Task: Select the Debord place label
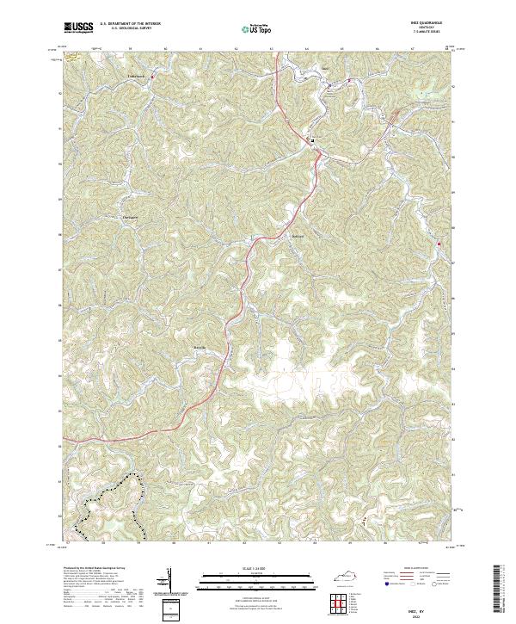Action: (x=298, y=236)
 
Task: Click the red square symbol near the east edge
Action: (x=439, y=244)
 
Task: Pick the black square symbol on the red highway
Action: (x=312, y=139)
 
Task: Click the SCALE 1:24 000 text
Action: (x=256, y=568)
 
